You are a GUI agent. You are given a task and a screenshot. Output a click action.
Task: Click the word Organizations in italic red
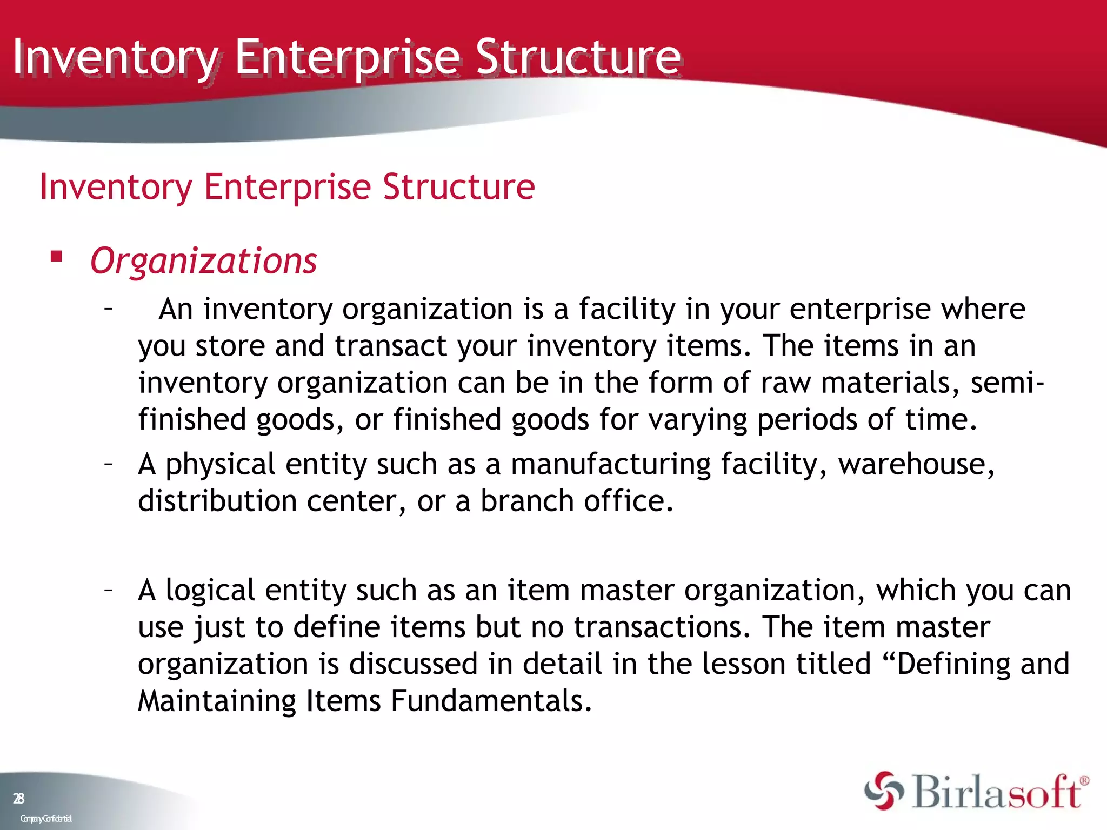click(x=203, y=262)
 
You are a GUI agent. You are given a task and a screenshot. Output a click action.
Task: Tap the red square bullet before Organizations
click(x=56, y=256)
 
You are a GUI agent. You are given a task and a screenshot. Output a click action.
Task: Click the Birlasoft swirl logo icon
click(x=883, y=791)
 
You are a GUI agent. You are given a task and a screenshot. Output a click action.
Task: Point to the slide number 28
click(x=19, y=798)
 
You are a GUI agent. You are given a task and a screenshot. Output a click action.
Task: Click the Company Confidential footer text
click(x=46, y=819)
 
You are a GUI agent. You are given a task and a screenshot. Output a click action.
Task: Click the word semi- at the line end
click(x=1006, y=383)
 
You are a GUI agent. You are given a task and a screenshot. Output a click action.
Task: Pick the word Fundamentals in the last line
click(x=491, y=701)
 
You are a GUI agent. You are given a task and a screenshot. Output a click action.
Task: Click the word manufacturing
click(x=610, y=464)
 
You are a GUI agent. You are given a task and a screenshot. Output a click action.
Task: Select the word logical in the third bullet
click(x=210, y=590)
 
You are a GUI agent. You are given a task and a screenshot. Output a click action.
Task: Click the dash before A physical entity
click(x=109, y=463)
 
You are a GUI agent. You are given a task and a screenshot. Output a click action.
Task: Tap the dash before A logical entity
click(x=109, y=589)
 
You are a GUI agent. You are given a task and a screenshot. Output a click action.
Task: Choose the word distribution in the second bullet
click(x=217, y=501)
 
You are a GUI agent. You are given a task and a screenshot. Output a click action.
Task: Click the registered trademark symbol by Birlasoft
click(x=1084, y=781)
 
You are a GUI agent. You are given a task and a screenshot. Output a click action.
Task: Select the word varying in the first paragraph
click(x=697, y=420)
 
